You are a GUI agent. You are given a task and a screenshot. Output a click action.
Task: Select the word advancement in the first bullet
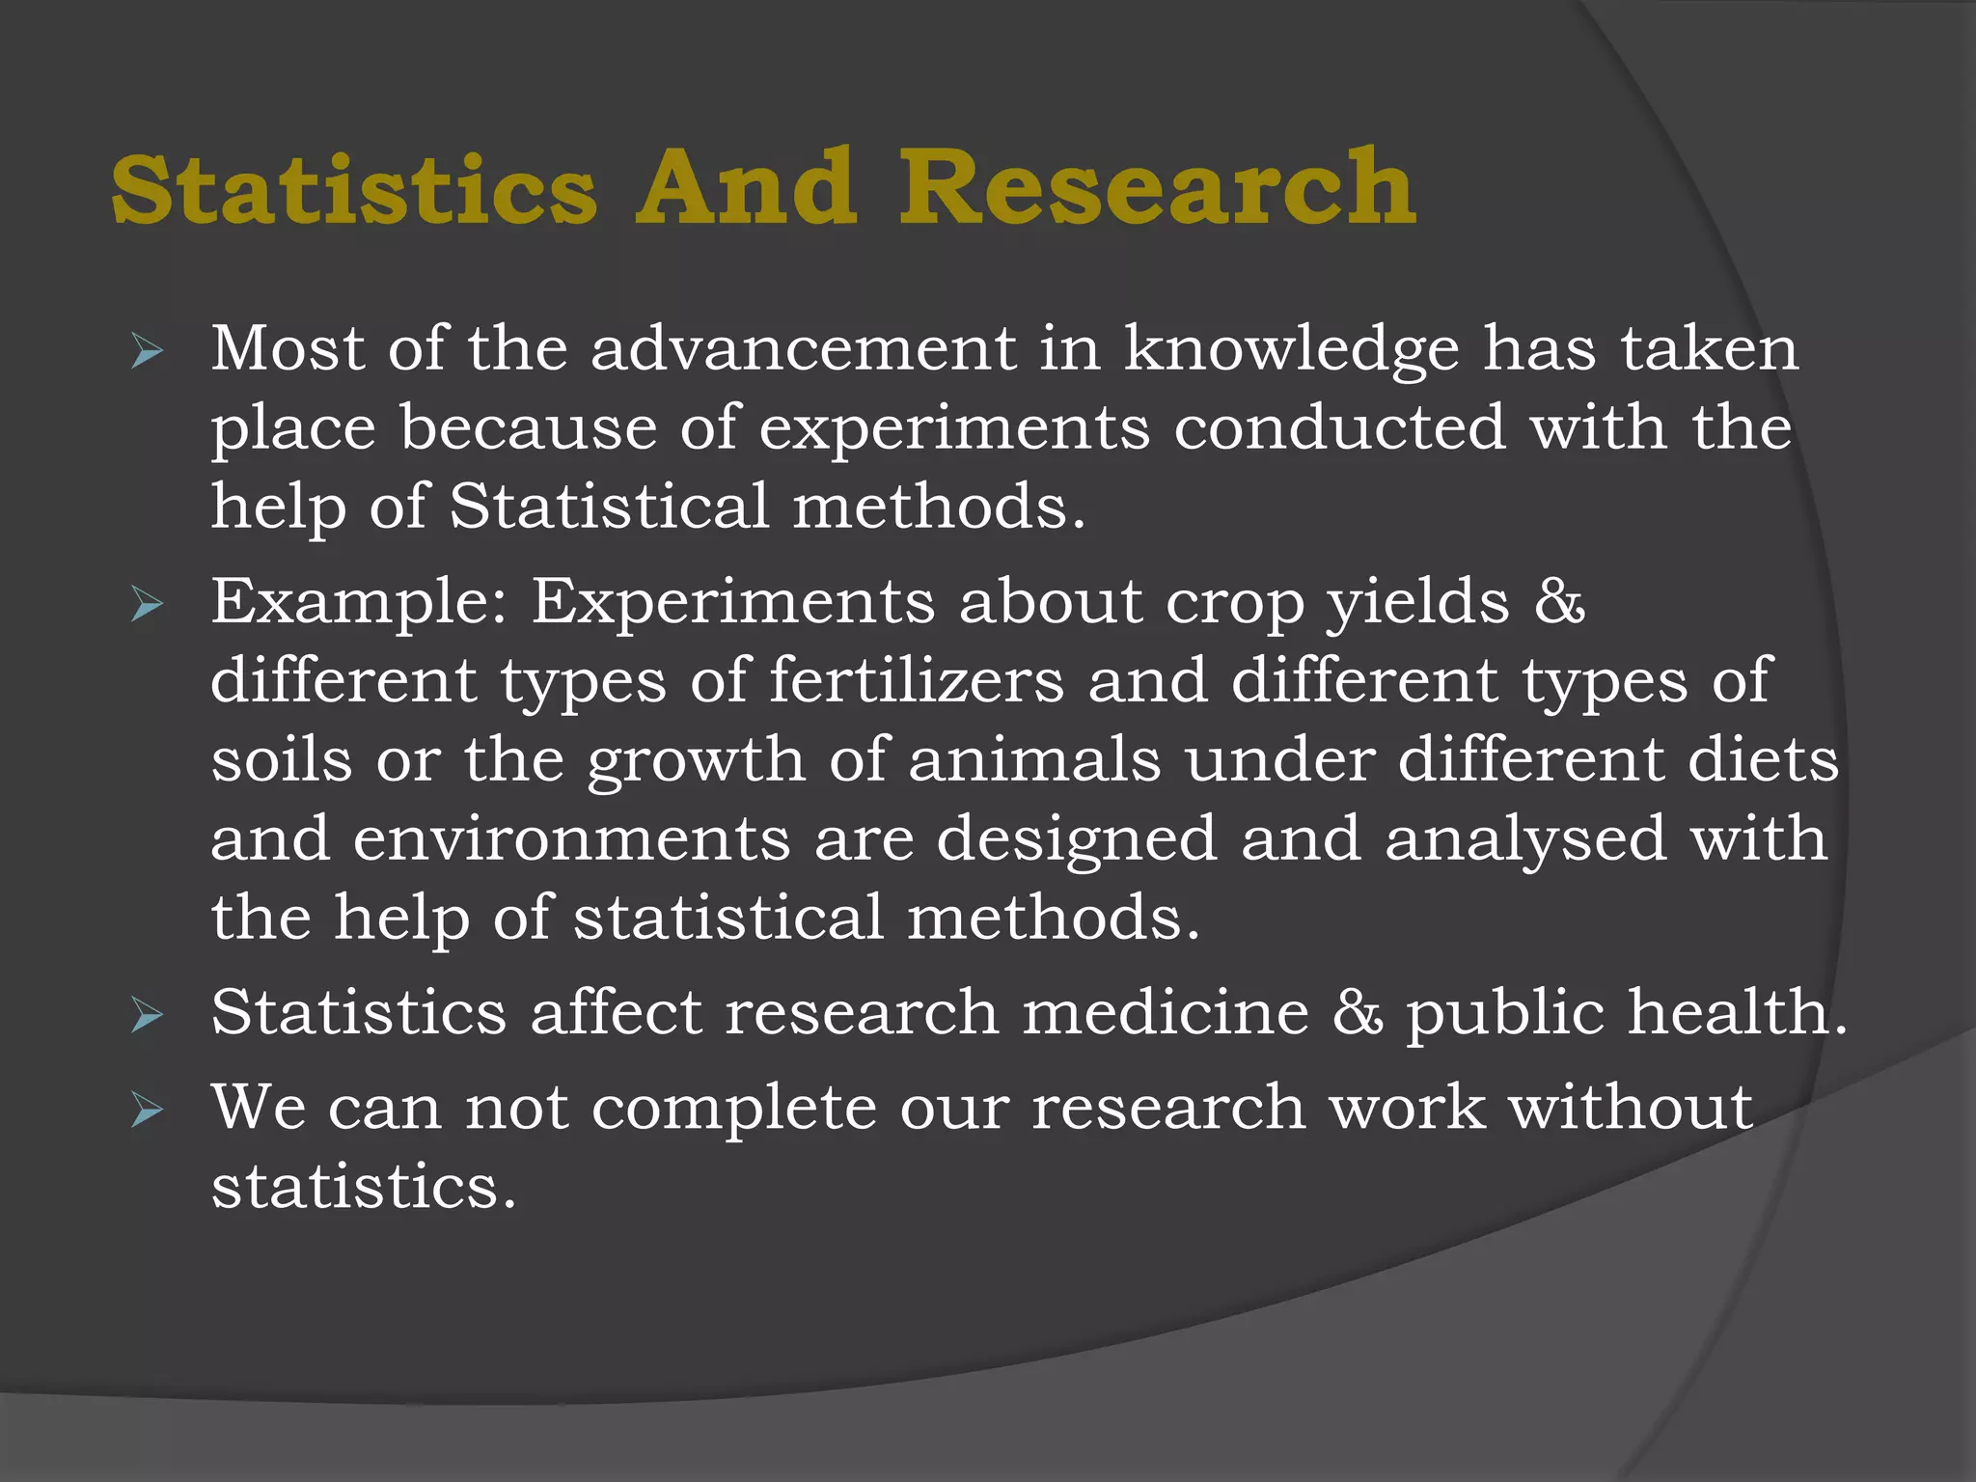click(x=803, y=348)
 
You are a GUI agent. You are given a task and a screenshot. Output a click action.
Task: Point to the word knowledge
click(x=1292, y=350)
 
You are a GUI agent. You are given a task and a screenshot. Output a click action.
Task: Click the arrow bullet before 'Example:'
click(x=147, y=606)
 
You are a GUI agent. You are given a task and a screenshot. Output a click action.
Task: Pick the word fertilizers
click(x=917, y=680)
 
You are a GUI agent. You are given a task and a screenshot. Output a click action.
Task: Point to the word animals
click(x=1034, y=759)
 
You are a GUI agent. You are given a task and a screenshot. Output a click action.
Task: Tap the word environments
click(x=571, y=838)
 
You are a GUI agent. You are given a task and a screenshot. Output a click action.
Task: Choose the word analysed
click(x=1525, y=840)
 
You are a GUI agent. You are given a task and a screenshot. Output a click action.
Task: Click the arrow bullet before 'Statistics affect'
click(x=147, y=1016)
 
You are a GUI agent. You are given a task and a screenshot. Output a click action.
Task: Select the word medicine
click(x=1166, y=1012)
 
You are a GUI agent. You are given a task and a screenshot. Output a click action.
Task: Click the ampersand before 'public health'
click(x=1358, y=1013)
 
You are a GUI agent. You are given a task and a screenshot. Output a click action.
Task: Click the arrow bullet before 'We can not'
click(x=147, y=1111)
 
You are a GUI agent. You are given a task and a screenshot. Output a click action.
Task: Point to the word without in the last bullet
click(x=1631, y=1107)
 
